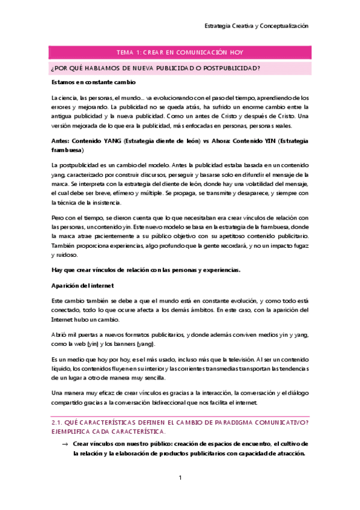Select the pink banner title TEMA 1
coord(180,53)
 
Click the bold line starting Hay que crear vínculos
coord(146,269)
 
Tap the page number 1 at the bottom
coord(180,478)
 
